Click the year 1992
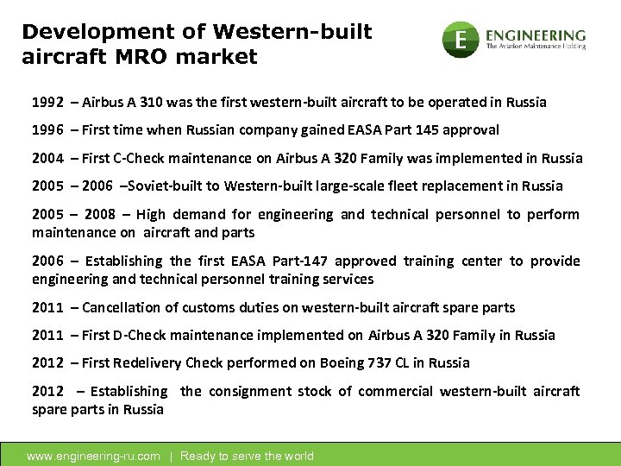47,102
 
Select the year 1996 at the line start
47,129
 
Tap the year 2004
47,158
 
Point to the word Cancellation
125,307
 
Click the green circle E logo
461,40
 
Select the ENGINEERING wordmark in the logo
536,35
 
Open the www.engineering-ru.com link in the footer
94,456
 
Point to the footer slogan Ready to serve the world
247,456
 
